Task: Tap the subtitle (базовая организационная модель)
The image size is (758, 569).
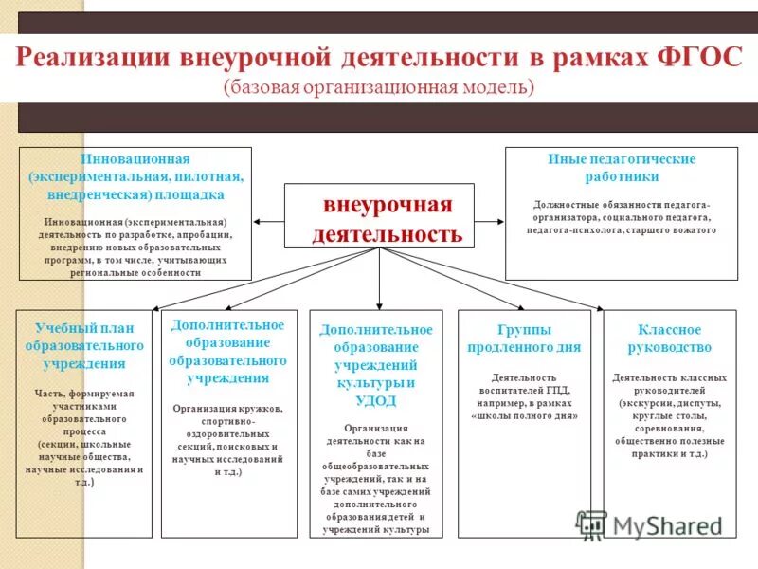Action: [x=379, y=87]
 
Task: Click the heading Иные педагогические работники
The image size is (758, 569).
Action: [x=622, y=168]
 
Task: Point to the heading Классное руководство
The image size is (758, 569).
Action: [x=669, y=339]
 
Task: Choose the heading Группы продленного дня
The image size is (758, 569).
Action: [x=524, y=339]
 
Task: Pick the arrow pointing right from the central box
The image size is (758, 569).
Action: [x=488, y=221]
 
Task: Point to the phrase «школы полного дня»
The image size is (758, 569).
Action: [x=524, y=415]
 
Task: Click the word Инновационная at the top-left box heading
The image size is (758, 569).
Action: [x=135, y=159]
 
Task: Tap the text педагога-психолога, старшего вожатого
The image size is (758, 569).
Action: [x=622, y=230]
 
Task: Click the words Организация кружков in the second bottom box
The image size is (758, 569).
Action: [x=227, y=409]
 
